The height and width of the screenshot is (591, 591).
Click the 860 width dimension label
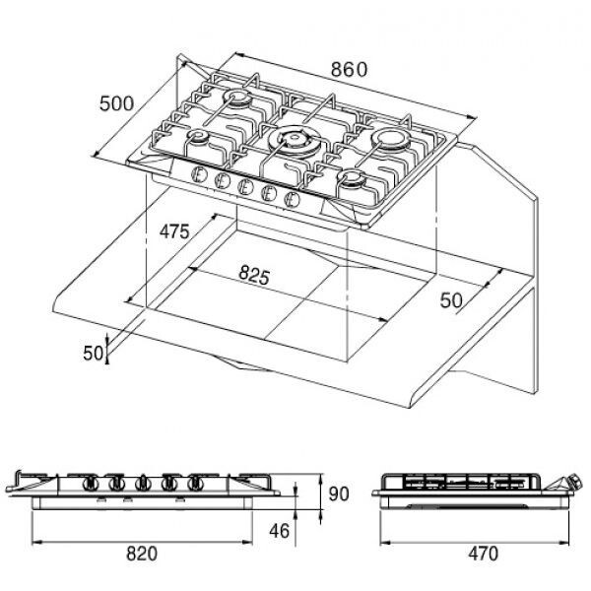click(349, 69)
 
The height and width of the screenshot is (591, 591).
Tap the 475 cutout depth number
click(173, 232)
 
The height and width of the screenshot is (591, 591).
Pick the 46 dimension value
click(280, 531)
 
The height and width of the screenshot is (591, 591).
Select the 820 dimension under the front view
click(142, 554)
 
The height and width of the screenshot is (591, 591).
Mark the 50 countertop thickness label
click(94, 353)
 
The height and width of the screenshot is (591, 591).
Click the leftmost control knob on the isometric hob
click(200, 178)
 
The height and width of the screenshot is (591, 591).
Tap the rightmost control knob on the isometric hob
click(292, 200)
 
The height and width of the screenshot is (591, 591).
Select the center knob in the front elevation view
click(144, 483)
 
